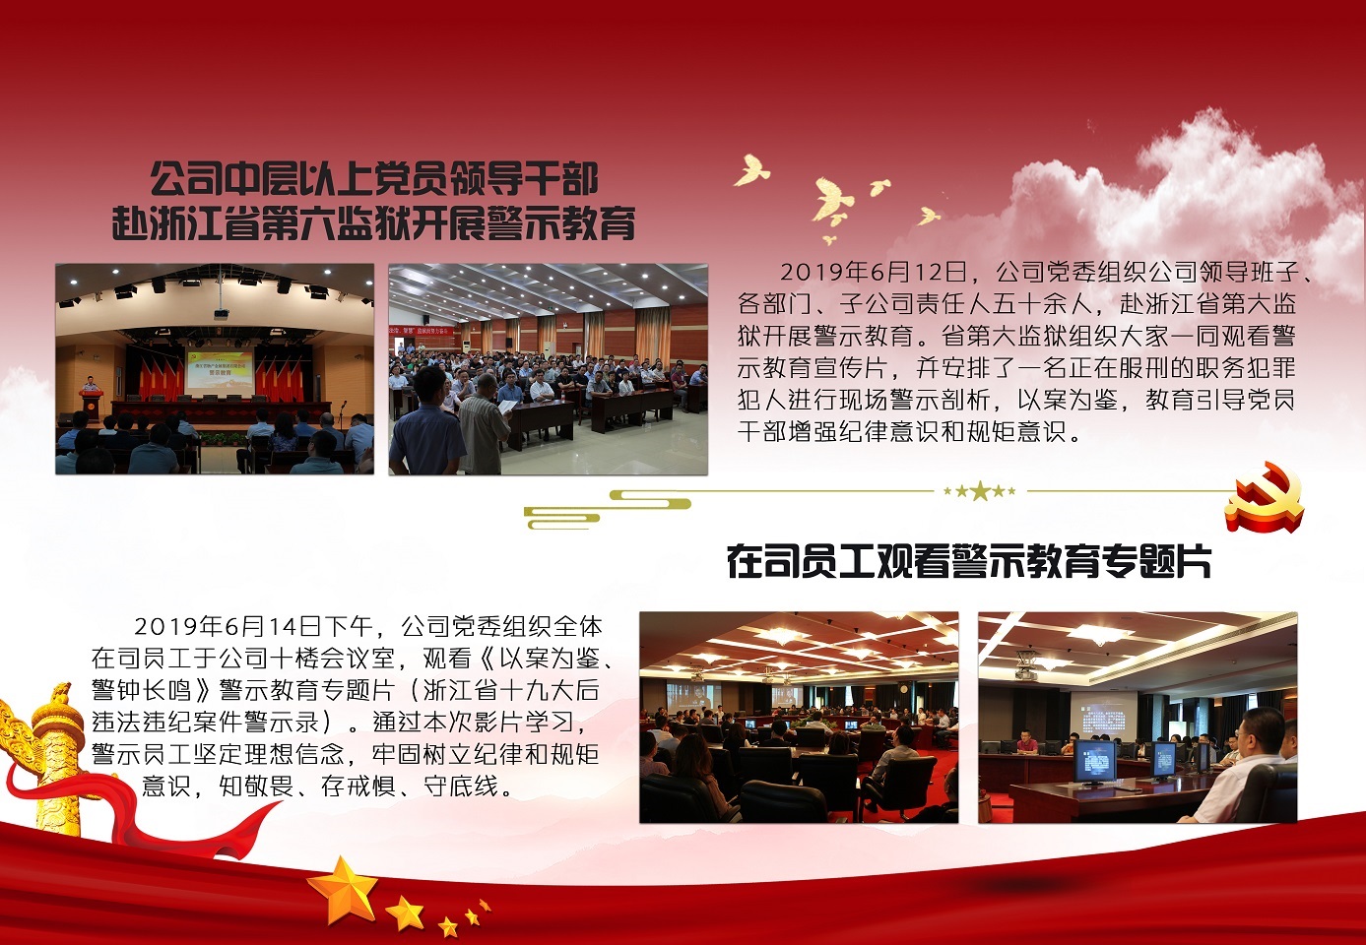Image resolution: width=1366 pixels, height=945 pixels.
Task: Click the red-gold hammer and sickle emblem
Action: pos(1265,497)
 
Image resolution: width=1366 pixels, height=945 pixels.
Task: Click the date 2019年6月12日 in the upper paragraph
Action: pos(874,272)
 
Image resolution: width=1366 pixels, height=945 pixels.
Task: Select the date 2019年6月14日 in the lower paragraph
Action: pos(227,626)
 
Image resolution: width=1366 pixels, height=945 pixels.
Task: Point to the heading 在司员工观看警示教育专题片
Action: pos(969,561)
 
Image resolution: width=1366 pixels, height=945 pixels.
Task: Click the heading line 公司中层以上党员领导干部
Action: pos(374,178)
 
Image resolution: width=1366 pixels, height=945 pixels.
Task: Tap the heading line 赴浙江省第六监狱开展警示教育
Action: pos(374,223)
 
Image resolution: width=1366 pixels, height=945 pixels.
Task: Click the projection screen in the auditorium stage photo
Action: pos(220,369)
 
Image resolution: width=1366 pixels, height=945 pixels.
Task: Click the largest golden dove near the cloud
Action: pos(832,200)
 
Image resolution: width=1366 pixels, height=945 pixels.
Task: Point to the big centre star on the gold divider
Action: pos(980,491)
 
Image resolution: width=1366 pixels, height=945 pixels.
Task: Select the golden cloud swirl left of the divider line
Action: pos(607,509)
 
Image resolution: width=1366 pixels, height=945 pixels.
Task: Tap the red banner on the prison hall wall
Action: pos(422,331)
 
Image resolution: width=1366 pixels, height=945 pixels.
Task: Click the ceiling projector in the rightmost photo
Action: pos(1025,665)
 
